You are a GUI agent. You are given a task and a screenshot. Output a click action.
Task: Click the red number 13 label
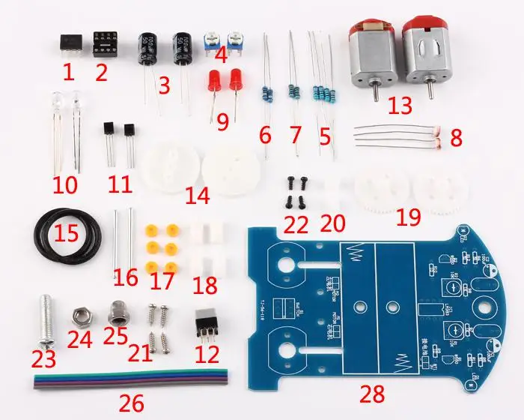(400, 105)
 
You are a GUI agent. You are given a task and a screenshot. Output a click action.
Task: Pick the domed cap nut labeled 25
(116, 310)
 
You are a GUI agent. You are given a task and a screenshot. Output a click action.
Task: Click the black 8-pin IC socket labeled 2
(101, 45)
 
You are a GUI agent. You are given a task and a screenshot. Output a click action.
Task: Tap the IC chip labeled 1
(68, 44)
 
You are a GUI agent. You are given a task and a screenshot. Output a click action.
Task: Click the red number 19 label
(409, 217)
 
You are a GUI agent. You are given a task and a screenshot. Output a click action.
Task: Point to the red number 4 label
(220, 54)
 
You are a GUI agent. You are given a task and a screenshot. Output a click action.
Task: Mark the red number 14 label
(198, 196)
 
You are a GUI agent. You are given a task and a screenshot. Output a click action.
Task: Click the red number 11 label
(120, 184)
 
